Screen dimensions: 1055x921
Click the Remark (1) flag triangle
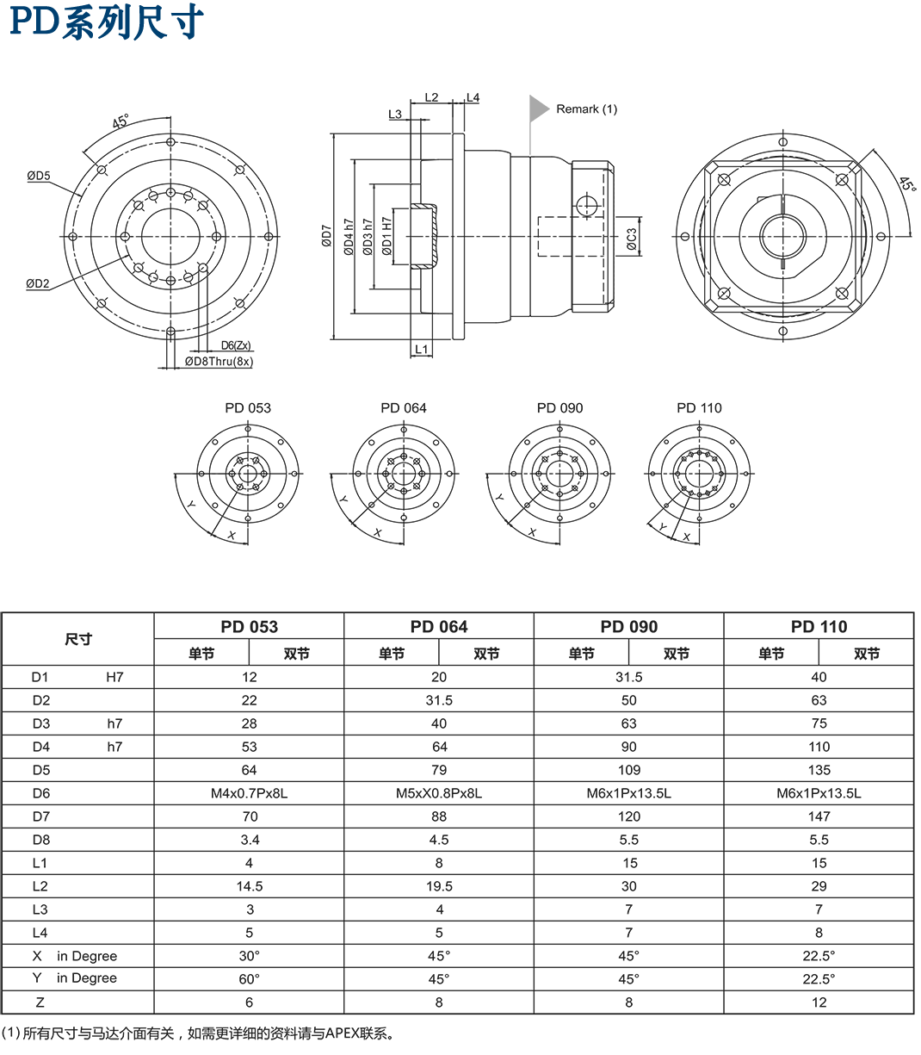coord(538,108)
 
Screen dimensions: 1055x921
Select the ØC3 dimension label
coord(631,239)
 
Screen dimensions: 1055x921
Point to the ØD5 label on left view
coord(38,176)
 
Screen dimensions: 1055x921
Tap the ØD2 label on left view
coord(37,283)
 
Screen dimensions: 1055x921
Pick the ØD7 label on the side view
coord(326,237)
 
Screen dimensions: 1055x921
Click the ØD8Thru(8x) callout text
coord(219,362)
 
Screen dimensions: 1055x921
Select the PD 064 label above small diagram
coord(404,408)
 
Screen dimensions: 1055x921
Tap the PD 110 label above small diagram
coord(699,408)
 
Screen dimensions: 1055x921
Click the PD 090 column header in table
coord(628,626)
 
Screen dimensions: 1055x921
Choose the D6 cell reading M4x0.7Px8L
coord(249,793)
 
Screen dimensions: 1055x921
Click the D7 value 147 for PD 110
coord(819,816)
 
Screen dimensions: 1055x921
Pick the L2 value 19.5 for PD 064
coord(439,886)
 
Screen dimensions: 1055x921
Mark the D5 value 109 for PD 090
coord(628,770)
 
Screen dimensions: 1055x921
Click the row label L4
coord(40,933)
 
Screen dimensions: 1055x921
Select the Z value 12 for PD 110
coord(819,1002)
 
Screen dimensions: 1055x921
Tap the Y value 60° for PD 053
coord(249,979)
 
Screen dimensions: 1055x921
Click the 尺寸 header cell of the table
coord(78,639)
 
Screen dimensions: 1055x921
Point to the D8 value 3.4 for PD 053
coord(249,840)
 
